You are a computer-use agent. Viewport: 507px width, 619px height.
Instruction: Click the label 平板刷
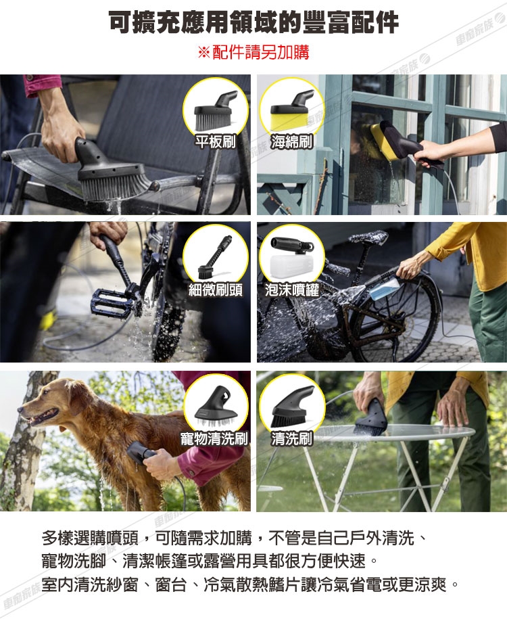point(215,141)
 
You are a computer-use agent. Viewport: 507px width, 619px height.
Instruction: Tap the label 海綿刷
point(291,141)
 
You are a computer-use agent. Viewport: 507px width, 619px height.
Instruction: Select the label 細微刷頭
point(215,290)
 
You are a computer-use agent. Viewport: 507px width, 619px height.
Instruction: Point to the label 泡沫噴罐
point(291,290)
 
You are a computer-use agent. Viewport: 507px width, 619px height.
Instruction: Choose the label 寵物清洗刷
point(214,438)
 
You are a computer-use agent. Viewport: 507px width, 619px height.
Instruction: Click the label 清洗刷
point(291,438)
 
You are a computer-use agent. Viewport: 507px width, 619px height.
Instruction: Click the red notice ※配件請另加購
point(254,52)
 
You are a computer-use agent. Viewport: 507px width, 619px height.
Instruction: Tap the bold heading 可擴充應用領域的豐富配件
point(254,22)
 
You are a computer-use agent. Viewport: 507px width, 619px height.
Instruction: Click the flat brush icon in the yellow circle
point(216,111)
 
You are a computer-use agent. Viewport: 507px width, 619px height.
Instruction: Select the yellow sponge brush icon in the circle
point(292,110)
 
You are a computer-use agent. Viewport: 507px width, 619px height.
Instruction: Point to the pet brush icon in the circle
point(216,409)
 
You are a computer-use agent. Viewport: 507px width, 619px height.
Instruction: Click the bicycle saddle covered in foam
point(368,237)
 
